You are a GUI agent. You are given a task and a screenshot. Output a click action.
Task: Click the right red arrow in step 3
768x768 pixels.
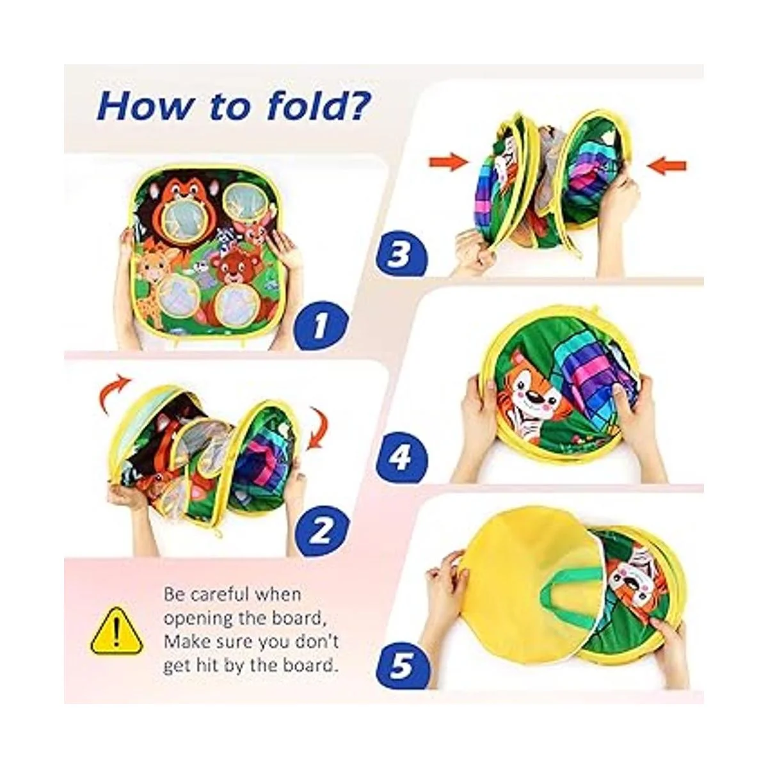(666, 164)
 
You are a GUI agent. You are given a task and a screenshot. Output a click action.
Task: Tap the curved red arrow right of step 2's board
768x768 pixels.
(319, 431)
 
